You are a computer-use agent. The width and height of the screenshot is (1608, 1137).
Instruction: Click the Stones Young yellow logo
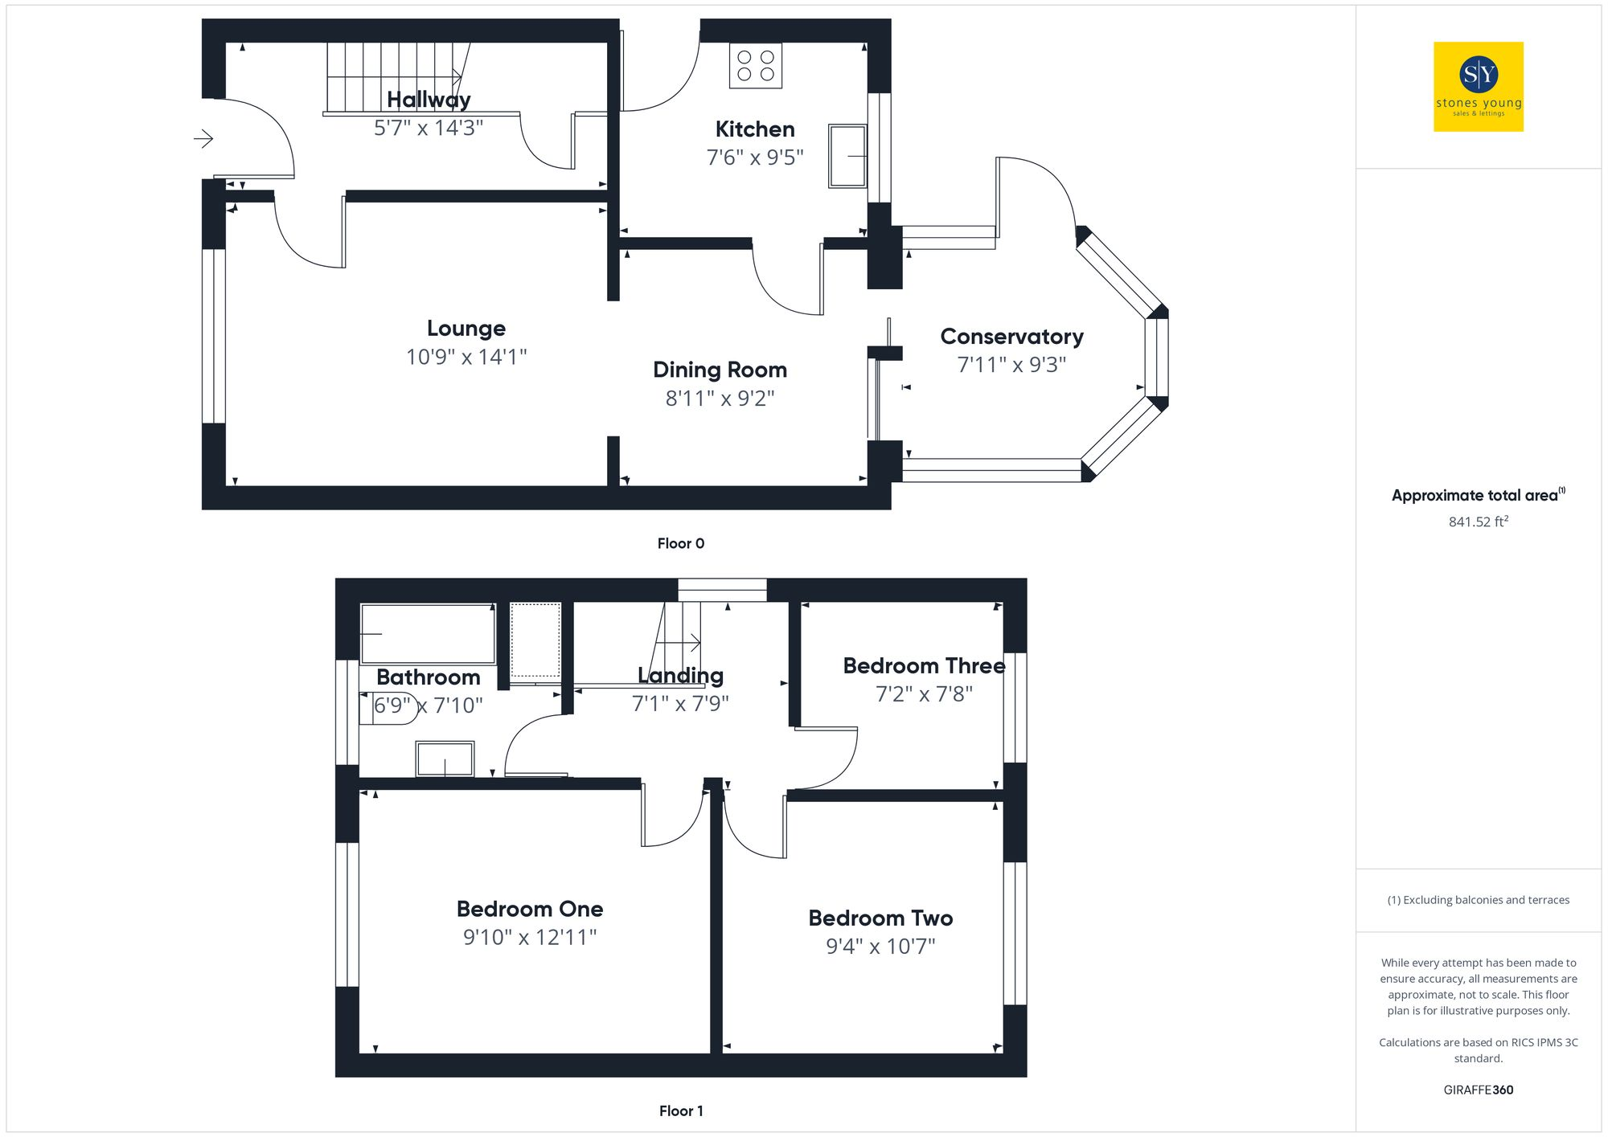1478,87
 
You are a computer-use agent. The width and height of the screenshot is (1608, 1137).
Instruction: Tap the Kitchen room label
754,129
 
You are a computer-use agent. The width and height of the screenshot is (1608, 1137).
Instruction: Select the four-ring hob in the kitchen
755,66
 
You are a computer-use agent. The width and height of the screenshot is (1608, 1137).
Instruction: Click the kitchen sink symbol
847,156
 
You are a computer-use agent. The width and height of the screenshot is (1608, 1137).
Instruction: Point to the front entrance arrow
203,139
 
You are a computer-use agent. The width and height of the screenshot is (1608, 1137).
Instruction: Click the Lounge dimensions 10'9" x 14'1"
466,357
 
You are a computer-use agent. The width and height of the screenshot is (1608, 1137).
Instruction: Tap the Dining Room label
720,370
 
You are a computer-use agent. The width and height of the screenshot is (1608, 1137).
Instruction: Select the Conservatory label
1011,337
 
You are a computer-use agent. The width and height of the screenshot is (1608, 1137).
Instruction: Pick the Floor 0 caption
680,543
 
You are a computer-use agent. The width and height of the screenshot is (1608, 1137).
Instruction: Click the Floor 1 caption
680,1110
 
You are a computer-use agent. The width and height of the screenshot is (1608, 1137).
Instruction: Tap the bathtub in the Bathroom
427,633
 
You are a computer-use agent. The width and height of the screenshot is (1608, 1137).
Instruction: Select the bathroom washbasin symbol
445,759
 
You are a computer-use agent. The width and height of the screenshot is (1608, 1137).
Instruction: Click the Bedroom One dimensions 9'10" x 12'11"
530,937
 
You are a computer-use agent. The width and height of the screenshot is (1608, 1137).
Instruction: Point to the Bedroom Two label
880,918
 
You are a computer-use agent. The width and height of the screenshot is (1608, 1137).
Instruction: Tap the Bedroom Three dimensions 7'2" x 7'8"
924,694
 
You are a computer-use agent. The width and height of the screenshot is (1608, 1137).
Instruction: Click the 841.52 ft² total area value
1478,521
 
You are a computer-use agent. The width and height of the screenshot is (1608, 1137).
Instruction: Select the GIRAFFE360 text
1478,1090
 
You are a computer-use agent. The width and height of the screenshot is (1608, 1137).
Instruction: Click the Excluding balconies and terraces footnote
1478,900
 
